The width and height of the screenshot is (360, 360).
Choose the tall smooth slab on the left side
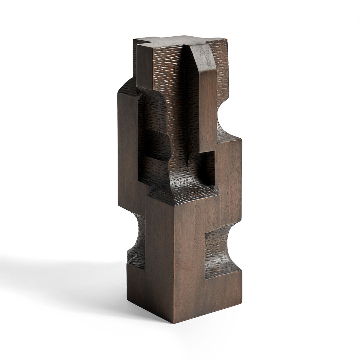point(127,168)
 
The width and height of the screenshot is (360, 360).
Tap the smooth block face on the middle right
point(229,174)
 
